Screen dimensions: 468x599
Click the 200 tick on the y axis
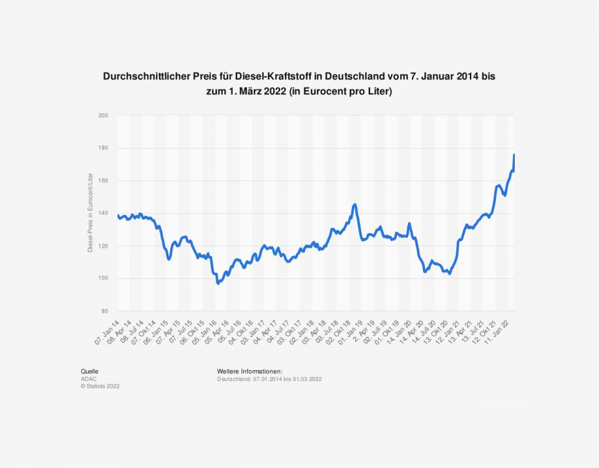pyautogui.click(x=104, y=115)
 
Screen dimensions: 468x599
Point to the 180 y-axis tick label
pyautogui.click(x=104, y=148)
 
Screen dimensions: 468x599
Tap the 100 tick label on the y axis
pyautogui.click(x=104, y=278)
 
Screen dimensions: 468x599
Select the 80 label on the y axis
pyautogui.click(x=105, y=311)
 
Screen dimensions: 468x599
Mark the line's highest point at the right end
pyautogui.click(x=514, y=155)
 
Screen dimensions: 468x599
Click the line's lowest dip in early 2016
pyautogui.click(x=218, y=283)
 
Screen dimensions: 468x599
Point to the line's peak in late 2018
pyautogui.click(x=354, y=205)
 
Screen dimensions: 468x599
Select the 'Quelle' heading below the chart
pyautogui.click(x=89, y=371)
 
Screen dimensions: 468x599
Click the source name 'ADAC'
pyautogui.click(x=88, y=379)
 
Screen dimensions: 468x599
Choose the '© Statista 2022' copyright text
pyautogui.click(x=100, y=386)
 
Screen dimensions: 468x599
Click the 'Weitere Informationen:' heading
pyautogui.click(x=250, y=371)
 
